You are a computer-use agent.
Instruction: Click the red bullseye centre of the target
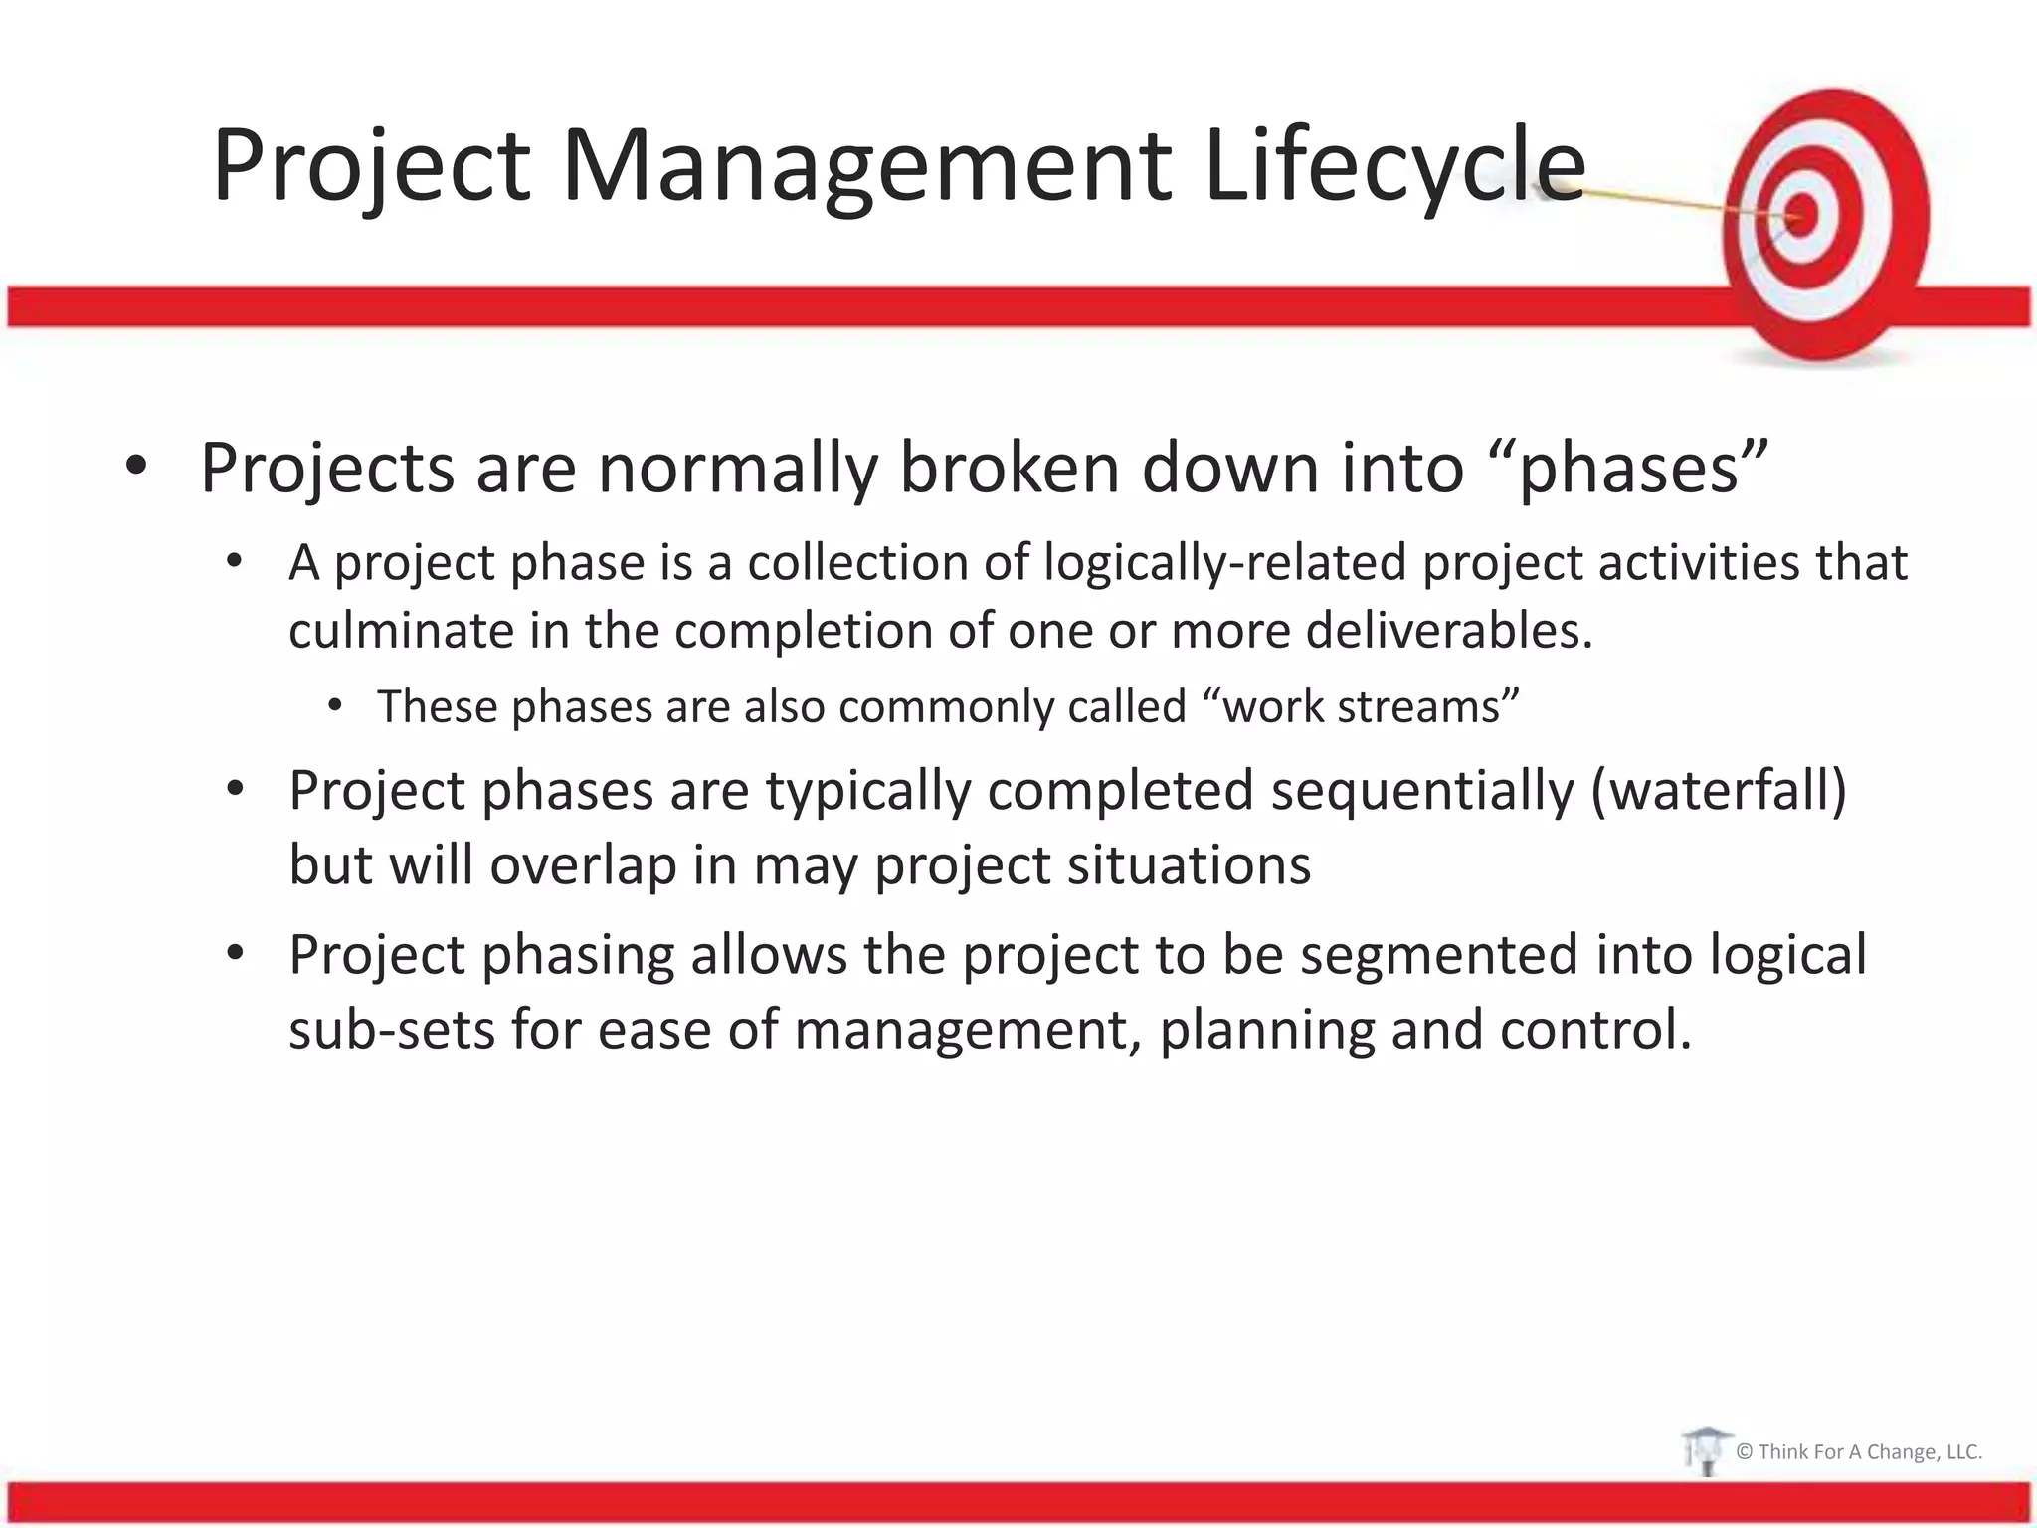(1802, 214)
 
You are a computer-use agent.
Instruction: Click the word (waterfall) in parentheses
(1718, 791)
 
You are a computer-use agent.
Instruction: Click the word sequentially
(1422, 791)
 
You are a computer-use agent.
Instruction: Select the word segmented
(1439, 955)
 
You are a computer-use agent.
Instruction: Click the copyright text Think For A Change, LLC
(1859, 1451)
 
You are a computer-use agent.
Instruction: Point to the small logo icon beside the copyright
(1704, 1450)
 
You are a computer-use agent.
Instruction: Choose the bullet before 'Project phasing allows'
(235, 954)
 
